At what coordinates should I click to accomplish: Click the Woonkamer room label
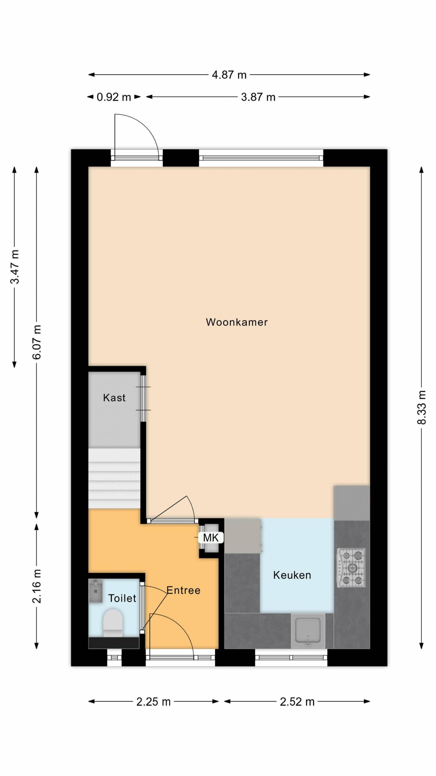pyautogui.click(x=236, y=322)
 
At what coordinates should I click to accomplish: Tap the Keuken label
pyautogui.click(x=292, y=575)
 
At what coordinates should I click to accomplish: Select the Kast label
pyautogui.click(x=114, y=398)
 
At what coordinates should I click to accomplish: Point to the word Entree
pyautogui.click(x=183, y=590)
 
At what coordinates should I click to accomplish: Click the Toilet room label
pyautogui.click(x=122, y=598)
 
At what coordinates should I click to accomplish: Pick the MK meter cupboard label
pyautogui.click(x=211, y=537)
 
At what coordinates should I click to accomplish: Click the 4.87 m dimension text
pyautogui.click(x=229, y=75)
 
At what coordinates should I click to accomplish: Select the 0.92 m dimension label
pyautogui.click(x=114, y=97)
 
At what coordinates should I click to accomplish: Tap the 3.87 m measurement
pyautogui.click(x=258, y=97)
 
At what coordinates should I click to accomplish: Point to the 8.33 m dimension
pyautogui.click(x=422, y=407)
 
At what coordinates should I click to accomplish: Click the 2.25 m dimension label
pyautogui.click(x=154, y=702)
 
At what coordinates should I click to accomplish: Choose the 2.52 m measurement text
pyautogui.click(x=297, y=702)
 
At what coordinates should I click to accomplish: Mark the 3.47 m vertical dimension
pyautogui.click(x=14, y=267)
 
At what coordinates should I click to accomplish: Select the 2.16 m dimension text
pyautogui.click(x=37, y=586)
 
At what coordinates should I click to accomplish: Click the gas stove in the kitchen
pyautogui.click(x=351, y=568)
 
